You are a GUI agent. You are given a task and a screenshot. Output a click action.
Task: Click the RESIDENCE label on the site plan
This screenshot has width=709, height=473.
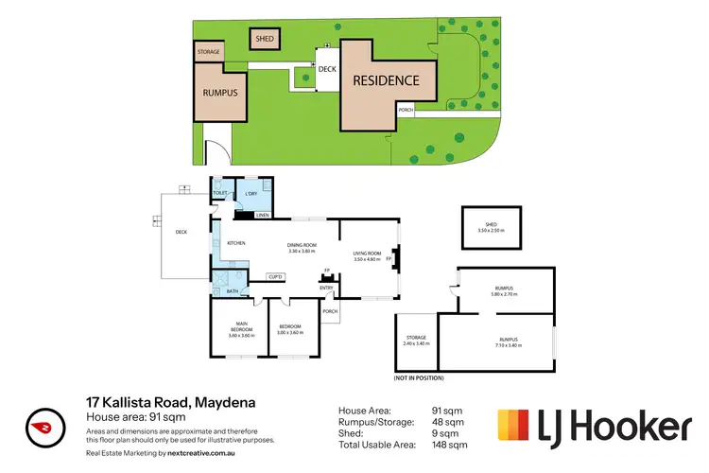pos(386,80)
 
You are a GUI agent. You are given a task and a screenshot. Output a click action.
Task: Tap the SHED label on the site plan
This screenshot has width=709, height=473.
pos(263,39)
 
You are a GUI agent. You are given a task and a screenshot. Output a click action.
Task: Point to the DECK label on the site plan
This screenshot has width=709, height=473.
pos(327,69)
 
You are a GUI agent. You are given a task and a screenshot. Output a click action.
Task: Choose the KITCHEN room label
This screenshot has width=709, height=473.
pos(237,244)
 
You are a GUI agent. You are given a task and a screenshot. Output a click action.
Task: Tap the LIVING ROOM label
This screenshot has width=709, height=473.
pos(367,254)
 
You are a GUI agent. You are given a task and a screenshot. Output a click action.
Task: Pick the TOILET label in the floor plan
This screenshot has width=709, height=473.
pos(219,194)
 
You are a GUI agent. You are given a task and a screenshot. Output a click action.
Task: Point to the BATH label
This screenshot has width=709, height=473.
pos(232,291)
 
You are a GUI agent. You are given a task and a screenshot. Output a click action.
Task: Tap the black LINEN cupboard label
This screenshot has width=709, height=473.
pos(261,214)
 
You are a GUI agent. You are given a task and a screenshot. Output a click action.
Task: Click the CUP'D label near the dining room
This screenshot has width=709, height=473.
pos(277,276)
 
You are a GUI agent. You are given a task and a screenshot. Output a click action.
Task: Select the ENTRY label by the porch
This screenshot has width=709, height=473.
pos(327,288)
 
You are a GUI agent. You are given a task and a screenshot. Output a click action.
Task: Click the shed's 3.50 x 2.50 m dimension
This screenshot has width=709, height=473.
pos(489,231)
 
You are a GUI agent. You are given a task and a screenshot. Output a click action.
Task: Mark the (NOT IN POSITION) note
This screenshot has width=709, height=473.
pos(420,378)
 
